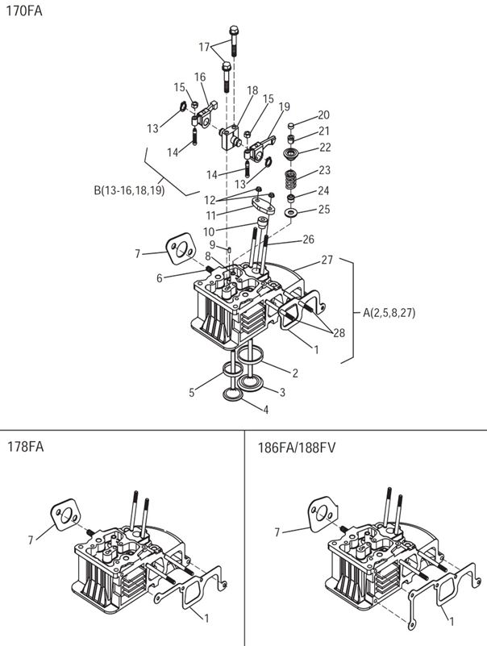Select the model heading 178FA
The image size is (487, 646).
tap(24, 446)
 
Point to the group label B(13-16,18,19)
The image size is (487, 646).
tap(127, 191)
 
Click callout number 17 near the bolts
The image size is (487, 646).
tap(205, 47)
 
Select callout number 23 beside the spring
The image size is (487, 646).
tap(325, 170)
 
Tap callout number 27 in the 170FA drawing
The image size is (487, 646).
tap(327, 260)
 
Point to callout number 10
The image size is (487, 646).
tap(209, 232)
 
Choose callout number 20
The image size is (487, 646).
tap(323, 115)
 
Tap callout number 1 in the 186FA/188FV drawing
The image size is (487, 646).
tap(450, 623)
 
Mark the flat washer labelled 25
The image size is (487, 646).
tap(291, 212)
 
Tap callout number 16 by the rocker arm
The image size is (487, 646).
tap(200, 77)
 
